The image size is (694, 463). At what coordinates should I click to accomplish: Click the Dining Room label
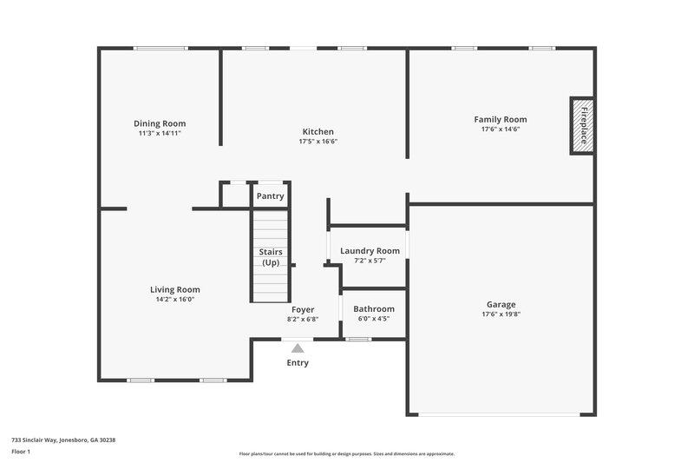pos(160,123)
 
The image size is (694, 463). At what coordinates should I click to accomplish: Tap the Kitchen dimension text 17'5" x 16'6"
pos(318,142)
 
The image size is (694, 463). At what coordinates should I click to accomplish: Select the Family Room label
pos(500,119)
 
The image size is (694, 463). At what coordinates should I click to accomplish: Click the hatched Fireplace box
pos(581,125)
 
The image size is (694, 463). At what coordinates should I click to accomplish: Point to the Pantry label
pos(270,196)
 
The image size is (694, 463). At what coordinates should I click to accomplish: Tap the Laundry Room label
pos(370,251)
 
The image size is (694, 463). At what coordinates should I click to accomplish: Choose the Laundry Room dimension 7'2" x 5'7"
pos(370,261)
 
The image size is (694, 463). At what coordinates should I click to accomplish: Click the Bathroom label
pos(374,309)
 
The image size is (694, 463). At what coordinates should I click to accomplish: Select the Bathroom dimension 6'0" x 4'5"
pos(374,319)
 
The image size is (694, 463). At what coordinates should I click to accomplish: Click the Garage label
pos(501,305)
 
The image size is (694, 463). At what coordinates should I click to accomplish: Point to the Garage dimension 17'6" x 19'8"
pos(501,314)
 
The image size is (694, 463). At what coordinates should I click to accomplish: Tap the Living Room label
pos(175,290)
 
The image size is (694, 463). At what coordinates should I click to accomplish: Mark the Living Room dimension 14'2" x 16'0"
pos(175,300)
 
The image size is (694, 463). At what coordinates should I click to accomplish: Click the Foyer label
pos(303,309)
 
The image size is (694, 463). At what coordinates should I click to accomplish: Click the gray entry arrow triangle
pos(298,347)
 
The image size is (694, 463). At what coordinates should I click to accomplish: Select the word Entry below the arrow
pos(298,362)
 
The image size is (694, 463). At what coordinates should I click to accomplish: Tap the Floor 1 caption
pos(22,453)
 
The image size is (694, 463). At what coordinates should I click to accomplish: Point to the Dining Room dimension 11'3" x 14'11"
pos(160,133)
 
